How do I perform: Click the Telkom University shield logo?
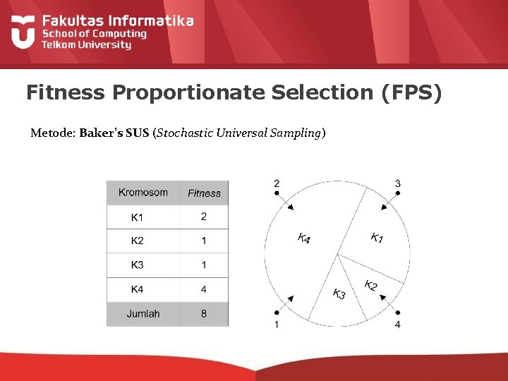pyautogui.click(x=23, y=32)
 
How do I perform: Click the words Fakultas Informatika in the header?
pyautogui.click(x=117, y=20)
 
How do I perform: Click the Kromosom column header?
pyautogui.click(x=143, y=193)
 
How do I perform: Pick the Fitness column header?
pyautogui.click(x=204, y=193)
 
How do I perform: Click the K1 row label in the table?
pyautogui.click(x=137, y=217)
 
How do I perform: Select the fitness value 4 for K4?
pyautogui.click(x=204, y=289)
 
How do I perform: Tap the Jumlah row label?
pyautogui.click(x=143, y=314)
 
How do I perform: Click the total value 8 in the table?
pyautogui.click(x=204, y=314)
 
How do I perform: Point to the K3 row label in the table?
pyautogui.click(x=137, y=265)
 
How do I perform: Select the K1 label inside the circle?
pyautogui.click(x=377, y=238)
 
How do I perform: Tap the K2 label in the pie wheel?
pyautogui.click(x=371, y=286)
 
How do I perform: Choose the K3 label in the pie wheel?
pyautogui.click(x=339, y=294)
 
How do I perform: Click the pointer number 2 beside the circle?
pyautogui.click(x=276, y=183)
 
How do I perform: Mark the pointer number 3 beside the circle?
pyautogui.click(x=398, y=183)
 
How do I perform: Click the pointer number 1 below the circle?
pyautogui.click(x=276, y=325)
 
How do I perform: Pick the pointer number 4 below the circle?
pyautogui.click(x=398, y=325)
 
